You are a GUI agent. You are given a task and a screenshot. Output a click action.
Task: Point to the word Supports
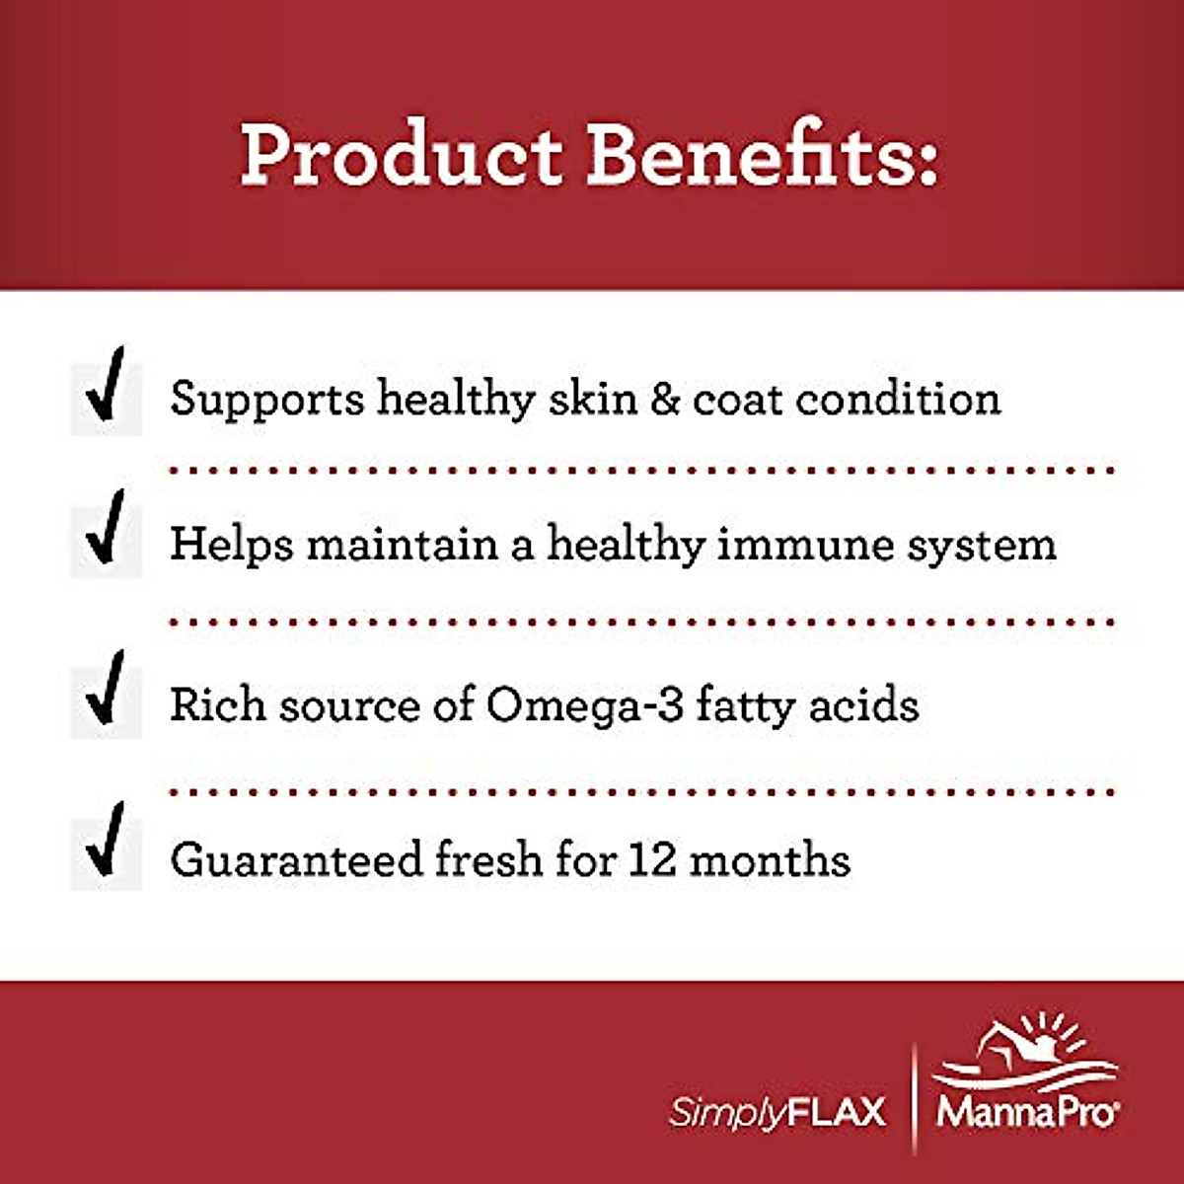266,401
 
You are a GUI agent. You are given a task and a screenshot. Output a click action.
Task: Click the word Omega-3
584,705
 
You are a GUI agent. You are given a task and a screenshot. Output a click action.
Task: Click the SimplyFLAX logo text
777,1112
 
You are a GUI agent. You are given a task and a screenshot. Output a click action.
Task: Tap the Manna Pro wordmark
1026,1112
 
